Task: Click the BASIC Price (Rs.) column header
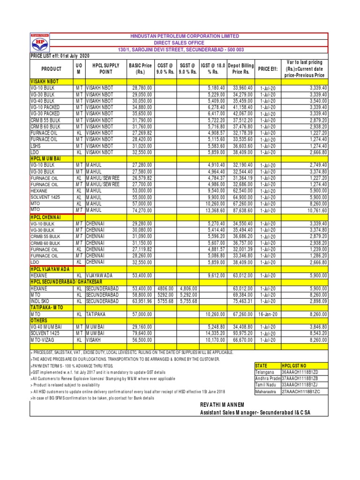coord(140,69)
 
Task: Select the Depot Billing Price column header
coord(240,69)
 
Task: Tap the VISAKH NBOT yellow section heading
coord(45,81)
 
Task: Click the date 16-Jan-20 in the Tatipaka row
coord(269,313)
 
